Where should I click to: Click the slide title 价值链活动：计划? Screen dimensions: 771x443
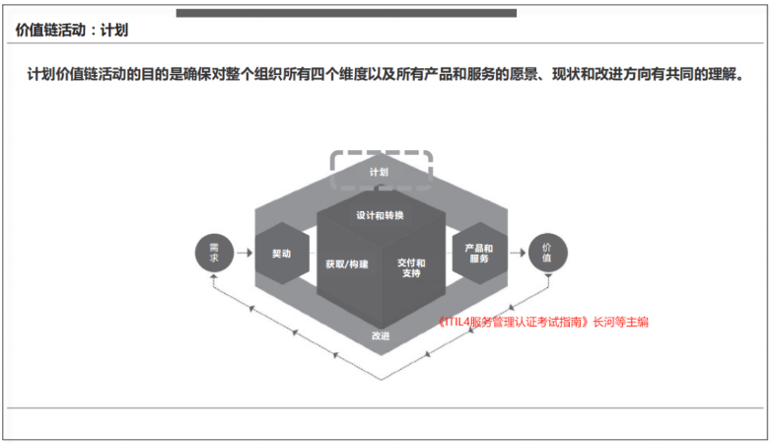click(x=72, y=30)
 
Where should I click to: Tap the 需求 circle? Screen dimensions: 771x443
click(x=214, y=253)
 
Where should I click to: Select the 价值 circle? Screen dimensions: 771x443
click(x=547, y=253)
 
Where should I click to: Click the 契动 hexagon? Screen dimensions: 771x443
click(x=282, y=253)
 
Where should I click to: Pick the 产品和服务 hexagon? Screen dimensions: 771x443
click(x=479, y=253)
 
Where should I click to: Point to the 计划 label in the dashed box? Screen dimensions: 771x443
click(x=379, y=172)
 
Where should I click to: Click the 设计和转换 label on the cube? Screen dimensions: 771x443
click(x=380, y=216)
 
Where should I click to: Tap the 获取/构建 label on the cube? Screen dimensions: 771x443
click(x=347, y=264)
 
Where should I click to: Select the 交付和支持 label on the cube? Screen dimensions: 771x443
click(x=411, y=268)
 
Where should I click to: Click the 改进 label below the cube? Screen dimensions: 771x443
click(x=381, y=335)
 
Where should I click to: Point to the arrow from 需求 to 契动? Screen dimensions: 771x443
click(x=245, y=253)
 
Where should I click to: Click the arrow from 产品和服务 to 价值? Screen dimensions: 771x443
click(x=518, y=253)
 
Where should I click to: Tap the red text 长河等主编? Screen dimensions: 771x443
click(x=620, y=322)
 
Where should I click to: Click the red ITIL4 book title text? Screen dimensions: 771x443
click(x=514, y=322)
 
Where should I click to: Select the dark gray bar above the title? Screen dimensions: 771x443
click(x=346, y=13)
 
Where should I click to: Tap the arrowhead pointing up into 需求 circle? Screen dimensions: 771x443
click(x=214, y=277)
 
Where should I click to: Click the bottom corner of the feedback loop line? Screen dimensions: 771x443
click(x=382, y=380)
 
